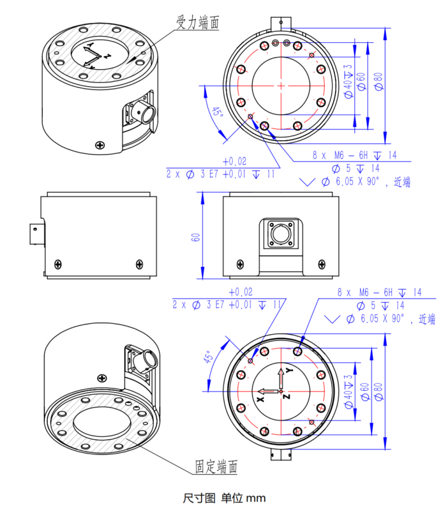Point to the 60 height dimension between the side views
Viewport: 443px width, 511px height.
tap(197, 236)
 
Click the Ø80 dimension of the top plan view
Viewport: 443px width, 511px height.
tap(378, 80)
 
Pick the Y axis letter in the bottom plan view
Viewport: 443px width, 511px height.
tap(289, 371)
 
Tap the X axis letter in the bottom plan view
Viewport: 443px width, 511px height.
tap(260, 397)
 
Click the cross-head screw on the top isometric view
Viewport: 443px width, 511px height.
tap(100, 146)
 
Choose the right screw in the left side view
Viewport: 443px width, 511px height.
tap(140, 263)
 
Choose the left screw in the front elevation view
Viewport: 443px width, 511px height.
tap(240, 263)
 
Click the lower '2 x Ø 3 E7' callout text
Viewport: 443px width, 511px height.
tap(220, 305)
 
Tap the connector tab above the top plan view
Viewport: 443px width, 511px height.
tap(280, 22)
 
